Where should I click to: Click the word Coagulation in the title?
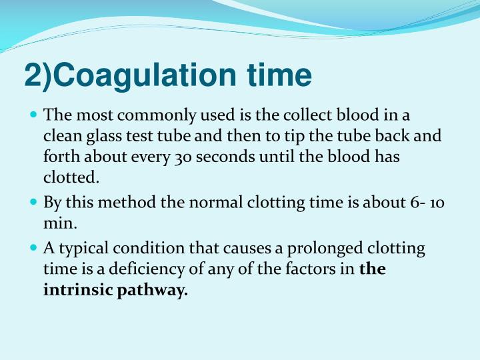coord(140,75)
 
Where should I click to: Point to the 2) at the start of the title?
coord(39,75)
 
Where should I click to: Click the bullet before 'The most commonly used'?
coord(35,114)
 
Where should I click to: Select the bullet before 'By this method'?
coord(35,202)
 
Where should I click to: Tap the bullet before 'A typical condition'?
coord(35,248)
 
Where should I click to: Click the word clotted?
coord(71,179)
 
